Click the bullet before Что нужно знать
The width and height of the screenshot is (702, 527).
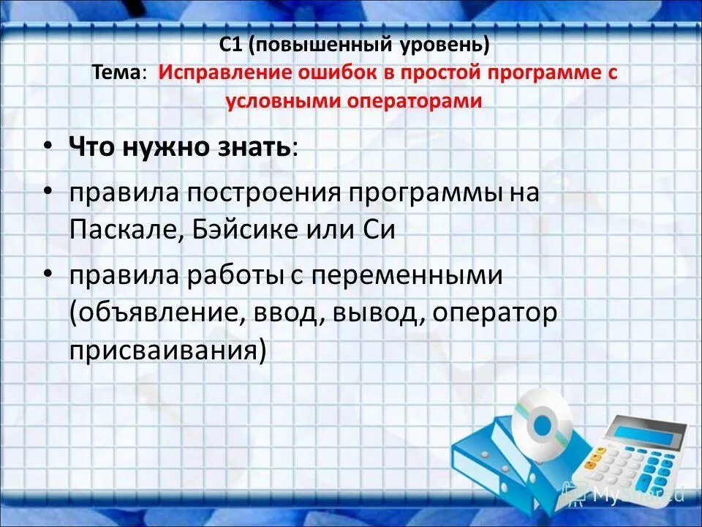tap(48, 146)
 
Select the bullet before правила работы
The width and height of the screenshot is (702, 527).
tap(48, 276)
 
